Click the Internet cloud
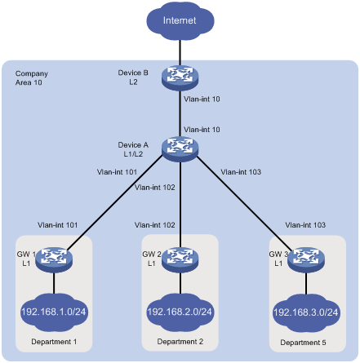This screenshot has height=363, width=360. (x=180, y=20)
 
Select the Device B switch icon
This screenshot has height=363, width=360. (x=180, y=77)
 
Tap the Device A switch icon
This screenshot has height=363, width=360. (x=180, y=149)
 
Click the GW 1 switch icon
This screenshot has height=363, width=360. (x=54, y=259)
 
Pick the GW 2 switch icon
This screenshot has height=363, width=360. (x=180, y=259)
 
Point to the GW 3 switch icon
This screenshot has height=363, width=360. (x=306, y=259)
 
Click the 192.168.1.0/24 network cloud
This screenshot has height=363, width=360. (x=54, y=312)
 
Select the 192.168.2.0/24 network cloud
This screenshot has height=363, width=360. (x=180, y=312)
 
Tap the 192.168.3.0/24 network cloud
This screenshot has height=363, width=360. (x=306, y=312)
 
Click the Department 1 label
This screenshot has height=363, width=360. (x=54, y=342)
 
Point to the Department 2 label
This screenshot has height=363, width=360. (x=180, y=342)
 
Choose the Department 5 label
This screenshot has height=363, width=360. (x=303, y=343)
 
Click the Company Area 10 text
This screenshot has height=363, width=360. (x=32, y=78)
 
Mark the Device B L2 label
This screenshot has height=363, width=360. (x=133, y=77)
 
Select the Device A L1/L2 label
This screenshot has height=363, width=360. (x=133, y=149)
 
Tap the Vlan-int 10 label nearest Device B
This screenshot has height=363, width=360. (x=202, y=100)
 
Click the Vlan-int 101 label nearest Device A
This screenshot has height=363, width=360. (x=117, y=172)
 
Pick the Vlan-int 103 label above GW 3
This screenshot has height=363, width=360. (x=305, y=225)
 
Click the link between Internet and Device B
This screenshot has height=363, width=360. (x=180, y=53)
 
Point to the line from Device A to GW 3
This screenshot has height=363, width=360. (x=244, y=204)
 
